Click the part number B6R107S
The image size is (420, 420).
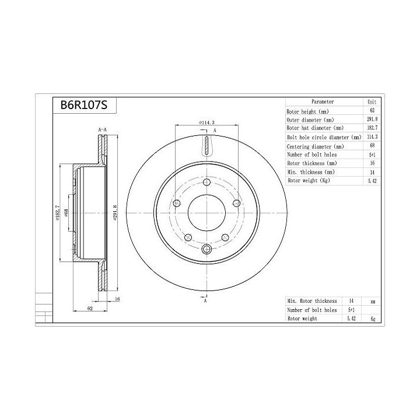click(80, 106)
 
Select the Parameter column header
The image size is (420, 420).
click(323, 101)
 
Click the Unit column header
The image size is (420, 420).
click(372, 101)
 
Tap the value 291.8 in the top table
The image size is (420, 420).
click(372, 120)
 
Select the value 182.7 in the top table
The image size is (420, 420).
click(372, 128)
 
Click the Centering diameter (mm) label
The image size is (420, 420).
click(315, 146)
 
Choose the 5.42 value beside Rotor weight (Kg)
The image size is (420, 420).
click(372, 181)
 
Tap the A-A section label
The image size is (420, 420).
click(101, 129)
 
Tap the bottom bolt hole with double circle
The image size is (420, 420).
click(206, 250)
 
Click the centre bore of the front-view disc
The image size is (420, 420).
click(206, 213)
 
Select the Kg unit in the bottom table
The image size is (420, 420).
click(373, 319)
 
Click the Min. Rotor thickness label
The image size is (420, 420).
click(311, 300)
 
